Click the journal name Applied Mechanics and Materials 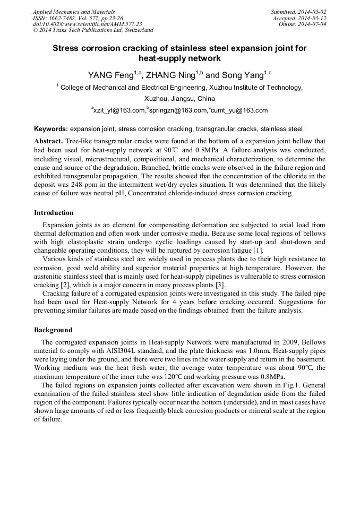click(74, 12)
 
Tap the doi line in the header click(87, 24)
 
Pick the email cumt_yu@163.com click(239, 110)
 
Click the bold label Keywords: click(51, 129)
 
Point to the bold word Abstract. click(48, 141)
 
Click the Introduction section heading click(54, 213)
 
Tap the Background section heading click(53, 330)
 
